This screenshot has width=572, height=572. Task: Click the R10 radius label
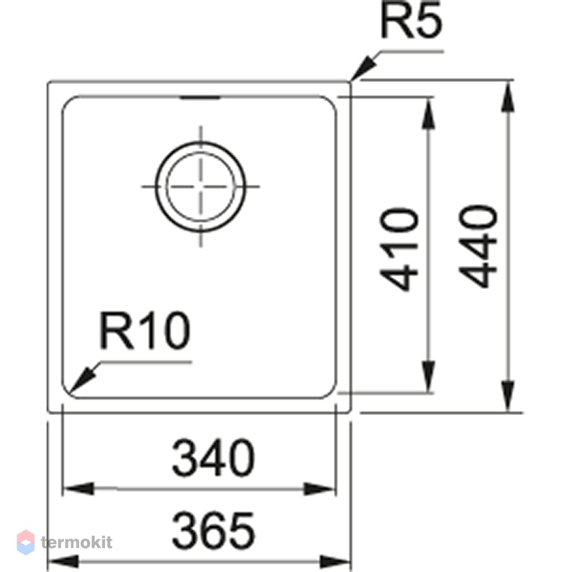144,331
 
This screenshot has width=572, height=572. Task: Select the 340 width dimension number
213,458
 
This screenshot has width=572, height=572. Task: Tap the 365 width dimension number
213,530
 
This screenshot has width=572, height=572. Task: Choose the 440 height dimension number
478,246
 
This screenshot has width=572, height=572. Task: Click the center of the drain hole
201,186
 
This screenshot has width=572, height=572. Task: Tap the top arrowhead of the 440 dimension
508,96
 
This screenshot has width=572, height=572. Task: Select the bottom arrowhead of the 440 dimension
508,396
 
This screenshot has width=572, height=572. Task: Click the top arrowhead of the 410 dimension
428,113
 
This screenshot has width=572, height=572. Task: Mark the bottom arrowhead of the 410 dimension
428,377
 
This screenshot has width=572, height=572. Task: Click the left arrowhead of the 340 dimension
79,488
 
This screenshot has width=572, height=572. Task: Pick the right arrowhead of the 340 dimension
319,489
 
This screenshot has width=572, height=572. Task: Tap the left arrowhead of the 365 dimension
64,562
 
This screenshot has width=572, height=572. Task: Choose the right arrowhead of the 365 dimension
335,562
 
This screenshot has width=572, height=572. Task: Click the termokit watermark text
76,543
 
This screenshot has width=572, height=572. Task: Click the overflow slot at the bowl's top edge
200,98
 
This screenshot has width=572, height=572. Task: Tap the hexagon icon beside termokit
26,543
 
